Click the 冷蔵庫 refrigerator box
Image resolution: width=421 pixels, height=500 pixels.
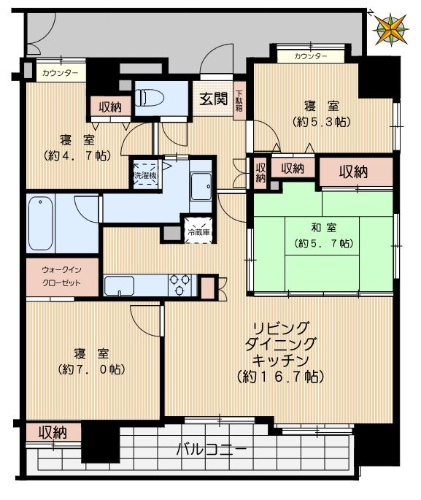[198, 231]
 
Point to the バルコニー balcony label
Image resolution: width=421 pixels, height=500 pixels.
[212, 448]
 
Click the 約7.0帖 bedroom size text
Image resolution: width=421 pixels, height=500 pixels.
[91, 369]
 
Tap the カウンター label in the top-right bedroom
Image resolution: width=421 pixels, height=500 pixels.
[311, 56]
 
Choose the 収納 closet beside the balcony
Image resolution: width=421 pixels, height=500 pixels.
[53, 432]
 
